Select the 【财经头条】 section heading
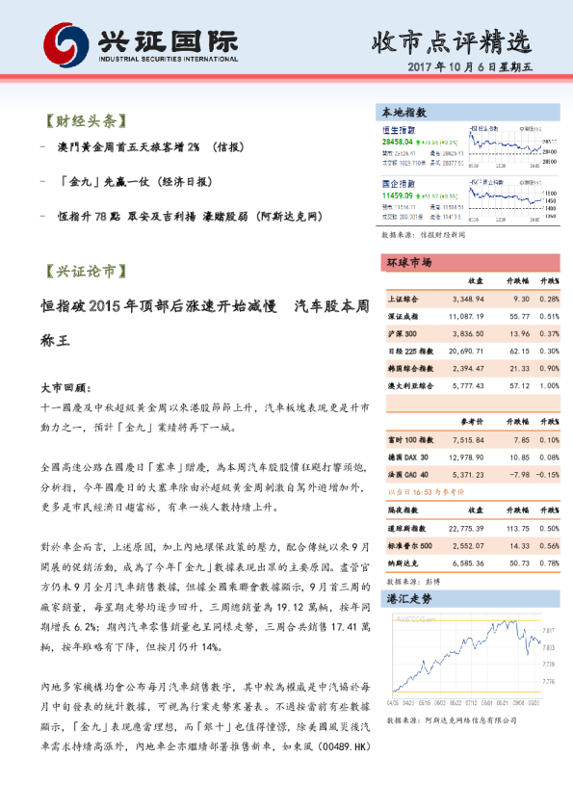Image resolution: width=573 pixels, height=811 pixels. point(81,122)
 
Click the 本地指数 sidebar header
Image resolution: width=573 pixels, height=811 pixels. point(404,113)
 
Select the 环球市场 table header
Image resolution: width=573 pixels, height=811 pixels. point(408,263)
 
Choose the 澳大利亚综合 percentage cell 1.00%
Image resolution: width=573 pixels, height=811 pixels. point(549,385)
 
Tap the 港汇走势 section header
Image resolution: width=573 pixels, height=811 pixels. point(408,599)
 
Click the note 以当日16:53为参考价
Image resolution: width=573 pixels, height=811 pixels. point(426,490)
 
